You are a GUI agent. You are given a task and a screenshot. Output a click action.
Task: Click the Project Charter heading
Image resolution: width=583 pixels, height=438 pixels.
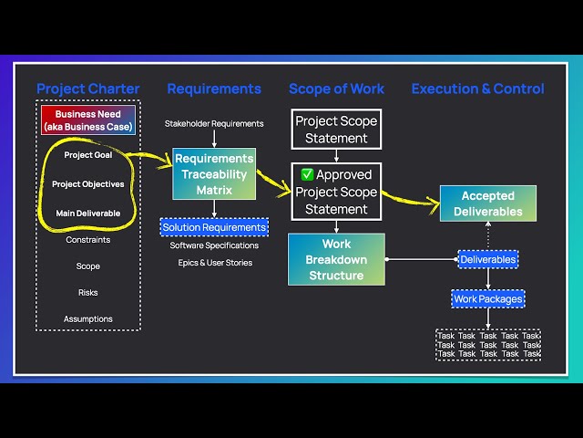point(88,89)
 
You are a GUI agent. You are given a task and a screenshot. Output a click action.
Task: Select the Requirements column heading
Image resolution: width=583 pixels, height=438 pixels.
point(214,89)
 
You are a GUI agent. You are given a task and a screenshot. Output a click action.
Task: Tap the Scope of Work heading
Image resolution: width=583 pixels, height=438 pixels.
point(336,89)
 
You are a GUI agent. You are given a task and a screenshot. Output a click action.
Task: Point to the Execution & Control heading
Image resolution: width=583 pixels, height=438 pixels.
point(477,89)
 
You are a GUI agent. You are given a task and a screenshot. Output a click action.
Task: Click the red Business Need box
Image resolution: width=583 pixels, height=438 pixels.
point(88,120)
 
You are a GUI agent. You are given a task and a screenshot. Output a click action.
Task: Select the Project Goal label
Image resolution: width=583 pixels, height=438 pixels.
point(88,155)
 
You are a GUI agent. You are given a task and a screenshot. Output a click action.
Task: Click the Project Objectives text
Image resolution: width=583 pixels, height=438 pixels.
point(88,184)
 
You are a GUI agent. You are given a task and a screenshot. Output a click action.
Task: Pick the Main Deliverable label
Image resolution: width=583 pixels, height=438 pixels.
point(88,214)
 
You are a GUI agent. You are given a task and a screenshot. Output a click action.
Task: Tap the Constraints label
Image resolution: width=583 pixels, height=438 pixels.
point(88,240)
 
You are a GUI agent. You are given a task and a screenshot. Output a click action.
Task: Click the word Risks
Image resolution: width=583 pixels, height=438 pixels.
point(88,293)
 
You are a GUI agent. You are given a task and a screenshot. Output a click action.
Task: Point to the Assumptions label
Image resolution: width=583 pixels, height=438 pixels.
point(88,319)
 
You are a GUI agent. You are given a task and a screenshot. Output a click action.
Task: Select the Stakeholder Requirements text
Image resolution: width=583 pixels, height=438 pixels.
point(214,123)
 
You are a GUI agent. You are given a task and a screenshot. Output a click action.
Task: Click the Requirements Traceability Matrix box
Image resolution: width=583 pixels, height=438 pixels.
point(214,174)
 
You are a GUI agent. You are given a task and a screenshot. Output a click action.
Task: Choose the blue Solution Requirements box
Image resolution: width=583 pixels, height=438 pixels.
point(214,227)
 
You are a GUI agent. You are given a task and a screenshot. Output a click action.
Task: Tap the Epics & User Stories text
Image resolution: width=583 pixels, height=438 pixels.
point(214,263)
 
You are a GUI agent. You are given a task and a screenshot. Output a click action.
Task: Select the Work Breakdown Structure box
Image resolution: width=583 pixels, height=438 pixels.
point(336,260)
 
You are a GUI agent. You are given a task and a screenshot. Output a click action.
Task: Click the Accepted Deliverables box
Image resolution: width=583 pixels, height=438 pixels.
point(487,203)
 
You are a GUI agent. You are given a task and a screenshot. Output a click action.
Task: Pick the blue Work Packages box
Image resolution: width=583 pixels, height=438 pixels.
point(488,298)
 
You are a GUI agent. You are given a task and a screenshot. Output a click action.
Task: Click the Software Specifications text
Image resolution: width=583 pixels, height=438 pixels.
point(214,245)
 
